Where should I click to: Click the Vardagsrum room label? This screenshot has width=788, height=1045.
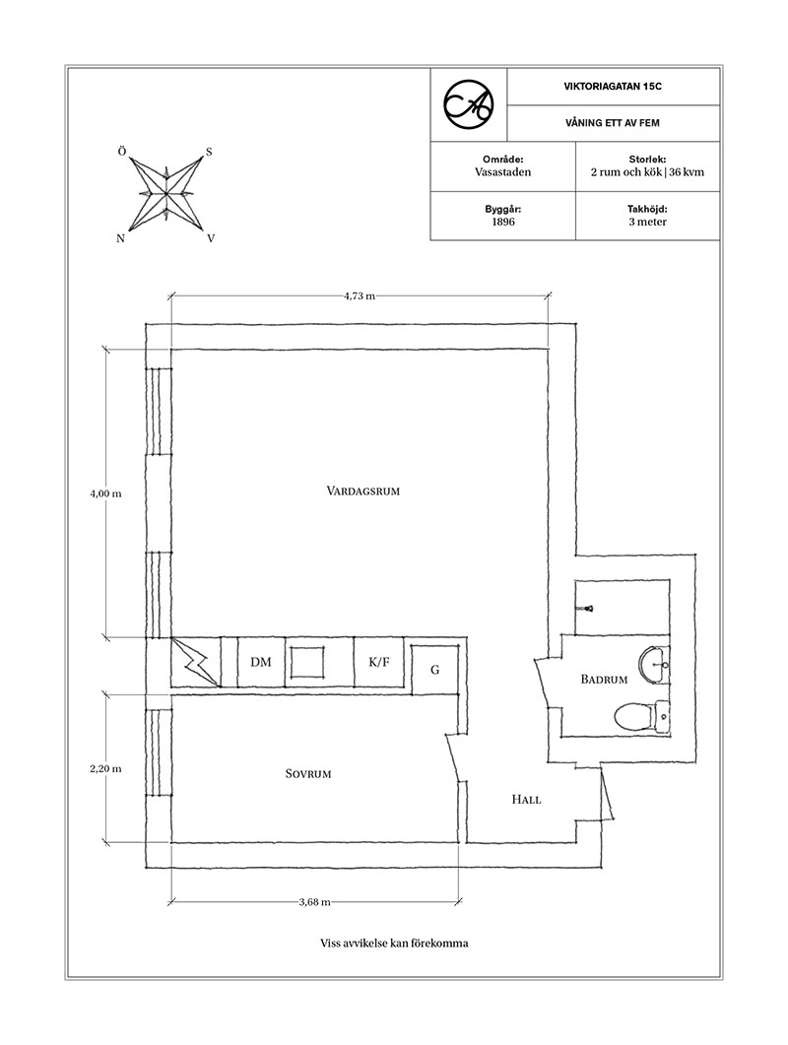tap(362, 491)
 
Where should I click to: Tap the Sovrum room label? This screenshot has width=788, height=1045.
tap(308, 774)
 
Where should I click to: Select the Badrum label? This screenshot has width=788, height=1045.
tap(604, 680)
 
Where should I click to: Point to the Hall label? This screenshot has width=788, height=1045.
tap(526, 799)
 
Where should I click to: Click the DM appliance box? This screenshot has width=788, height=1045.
tap(261, 662)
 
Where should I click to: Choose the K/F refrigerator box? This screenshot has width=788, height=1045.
tap(378, 662)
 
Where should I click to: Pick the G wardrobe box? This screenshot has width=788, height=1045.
tap(434, 670)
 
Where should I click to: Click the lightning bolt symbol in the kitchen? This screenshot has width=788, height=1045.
tap(196, 662)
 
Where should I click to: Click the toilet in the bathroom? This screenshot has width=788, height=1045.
tap(641, 717)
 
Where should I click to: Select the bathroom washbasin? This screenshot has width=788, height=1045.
tap(654, 664)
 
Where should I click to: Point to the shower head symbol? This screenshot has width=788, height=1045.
tap(589, 609)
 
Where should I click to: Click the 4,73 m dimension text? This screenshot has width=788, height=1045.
tap(360, 296)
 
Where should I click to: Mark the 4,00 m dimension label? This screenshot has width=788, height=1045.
tap(106, 493)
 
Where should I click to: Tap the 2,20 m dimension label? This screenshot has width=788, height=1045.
tap(106, 768)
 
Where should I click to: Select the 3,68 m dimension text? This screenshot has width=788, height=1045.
tap(314, 902)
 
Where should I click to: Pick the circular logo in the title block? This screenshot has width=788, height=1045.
tap(469, 104)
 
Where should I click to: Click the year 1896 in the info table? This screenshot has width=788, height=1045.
tap(503, 222)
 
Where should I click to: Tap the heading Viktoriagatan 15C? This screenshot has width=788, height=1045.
tap(613, 87)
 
